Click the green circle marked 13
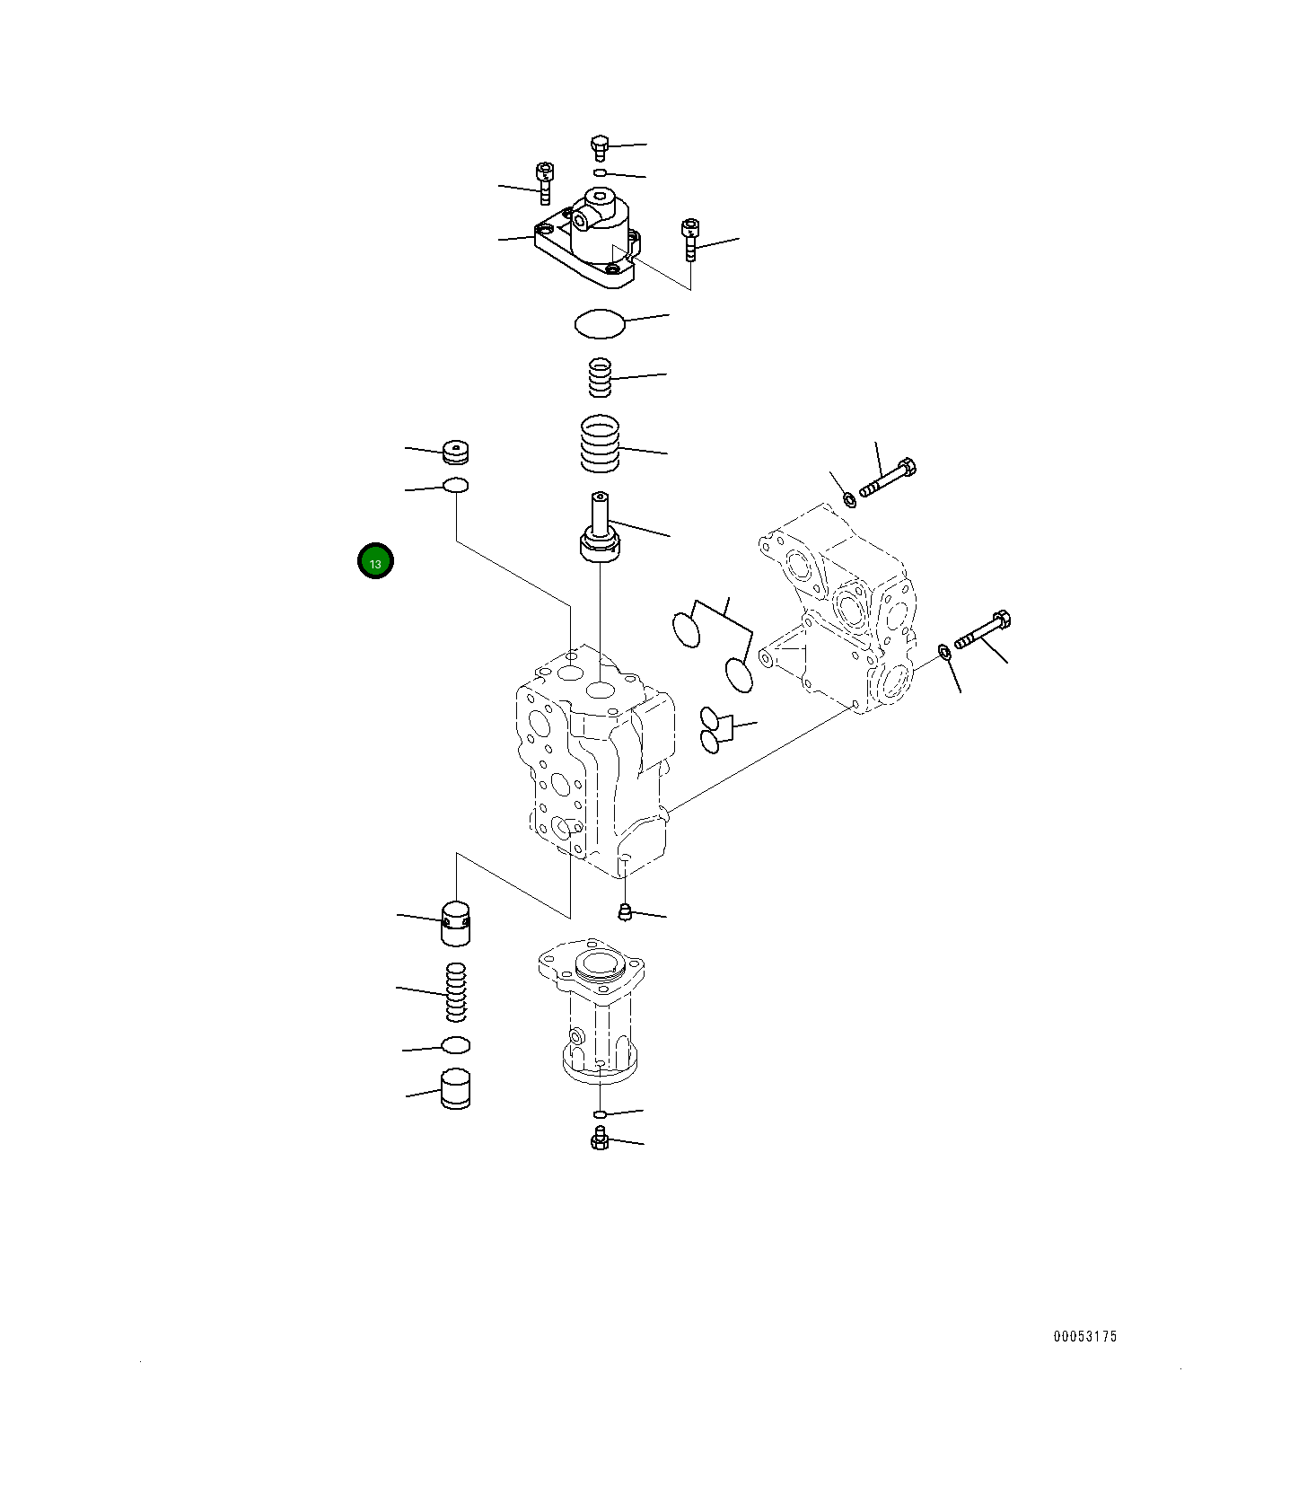[375, 562]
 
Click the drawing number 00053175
[1084, 1336]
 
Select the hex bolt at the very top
[600, 147]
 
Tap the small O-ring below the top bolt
[600, 172]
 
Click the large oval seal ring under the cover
[599, 324]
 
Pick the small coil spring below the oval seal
[599, 377]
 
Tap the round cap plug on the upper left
[457, 453]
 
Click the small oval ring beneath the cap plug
[456, 486]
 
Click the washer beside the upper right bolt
[849, 498]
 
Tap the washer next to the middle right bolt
[945, 652]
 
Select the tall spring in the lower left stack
[457, 991]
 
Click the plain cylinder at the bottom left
[457, 1089]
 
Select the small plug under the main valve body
[626, 913]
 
